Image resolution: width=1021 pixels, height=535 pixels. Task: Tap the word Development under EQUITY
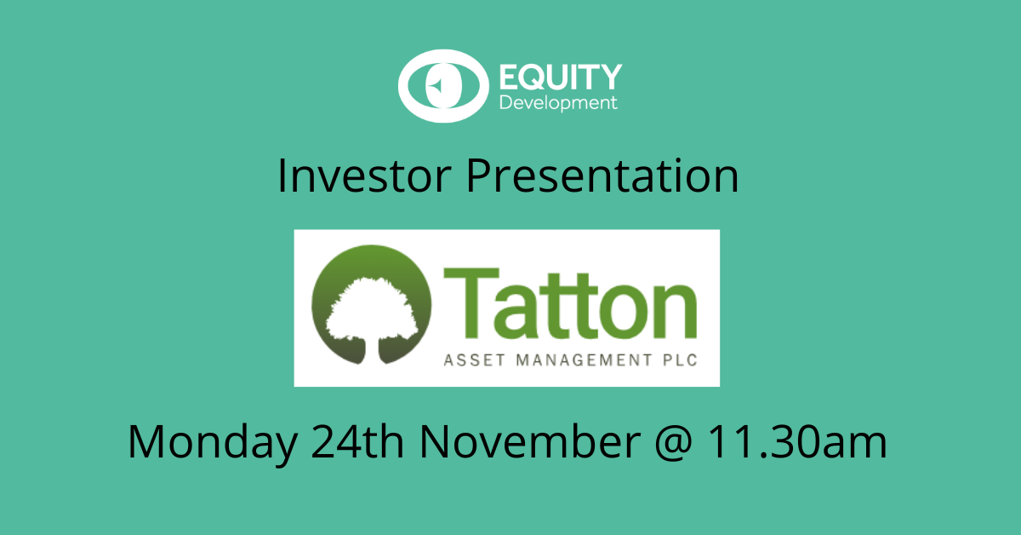tap(558, 103)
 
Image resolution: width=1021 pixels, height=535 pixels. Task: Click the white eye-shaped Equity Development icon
tap(443, 86)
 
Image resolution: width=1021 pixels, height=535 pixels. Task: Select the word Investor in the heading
tap(365, 175)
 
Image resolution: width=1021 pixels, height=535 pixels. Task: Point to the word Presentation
tap(602, 175)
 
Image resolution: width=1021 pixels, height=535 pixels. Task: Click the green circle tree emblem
tap(372, 304)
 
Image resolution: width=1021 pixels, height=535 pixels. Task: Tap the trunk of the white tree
tap(372, 351)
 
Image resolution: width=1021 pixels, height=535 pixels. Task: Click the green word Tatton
tap(570, 303)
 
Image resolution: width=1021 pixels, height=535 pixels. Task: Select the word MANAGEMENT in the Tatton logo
tap(585, 360)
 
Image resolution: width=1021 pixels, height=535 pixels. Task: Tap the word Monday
tap(213, 442)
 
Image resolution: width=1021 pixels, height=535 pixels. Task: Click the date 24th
tap(357, 441)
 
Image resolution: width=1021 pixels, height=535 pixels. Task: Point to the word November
tap(530, 441)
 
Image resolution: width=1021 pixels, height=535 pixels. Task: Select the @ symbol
tap(674, 443)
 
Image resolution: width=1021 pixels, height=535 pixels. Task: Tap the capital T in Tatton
tap(471, 303)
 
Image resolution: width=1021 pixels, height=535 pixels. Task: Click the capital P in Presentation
tap(480, 175)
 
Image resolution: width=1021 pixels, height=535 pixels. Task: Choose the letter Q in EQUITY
tap(539, 78)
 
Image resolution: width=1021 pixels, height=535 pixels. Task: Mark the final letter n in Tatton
tap(676, 311)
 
